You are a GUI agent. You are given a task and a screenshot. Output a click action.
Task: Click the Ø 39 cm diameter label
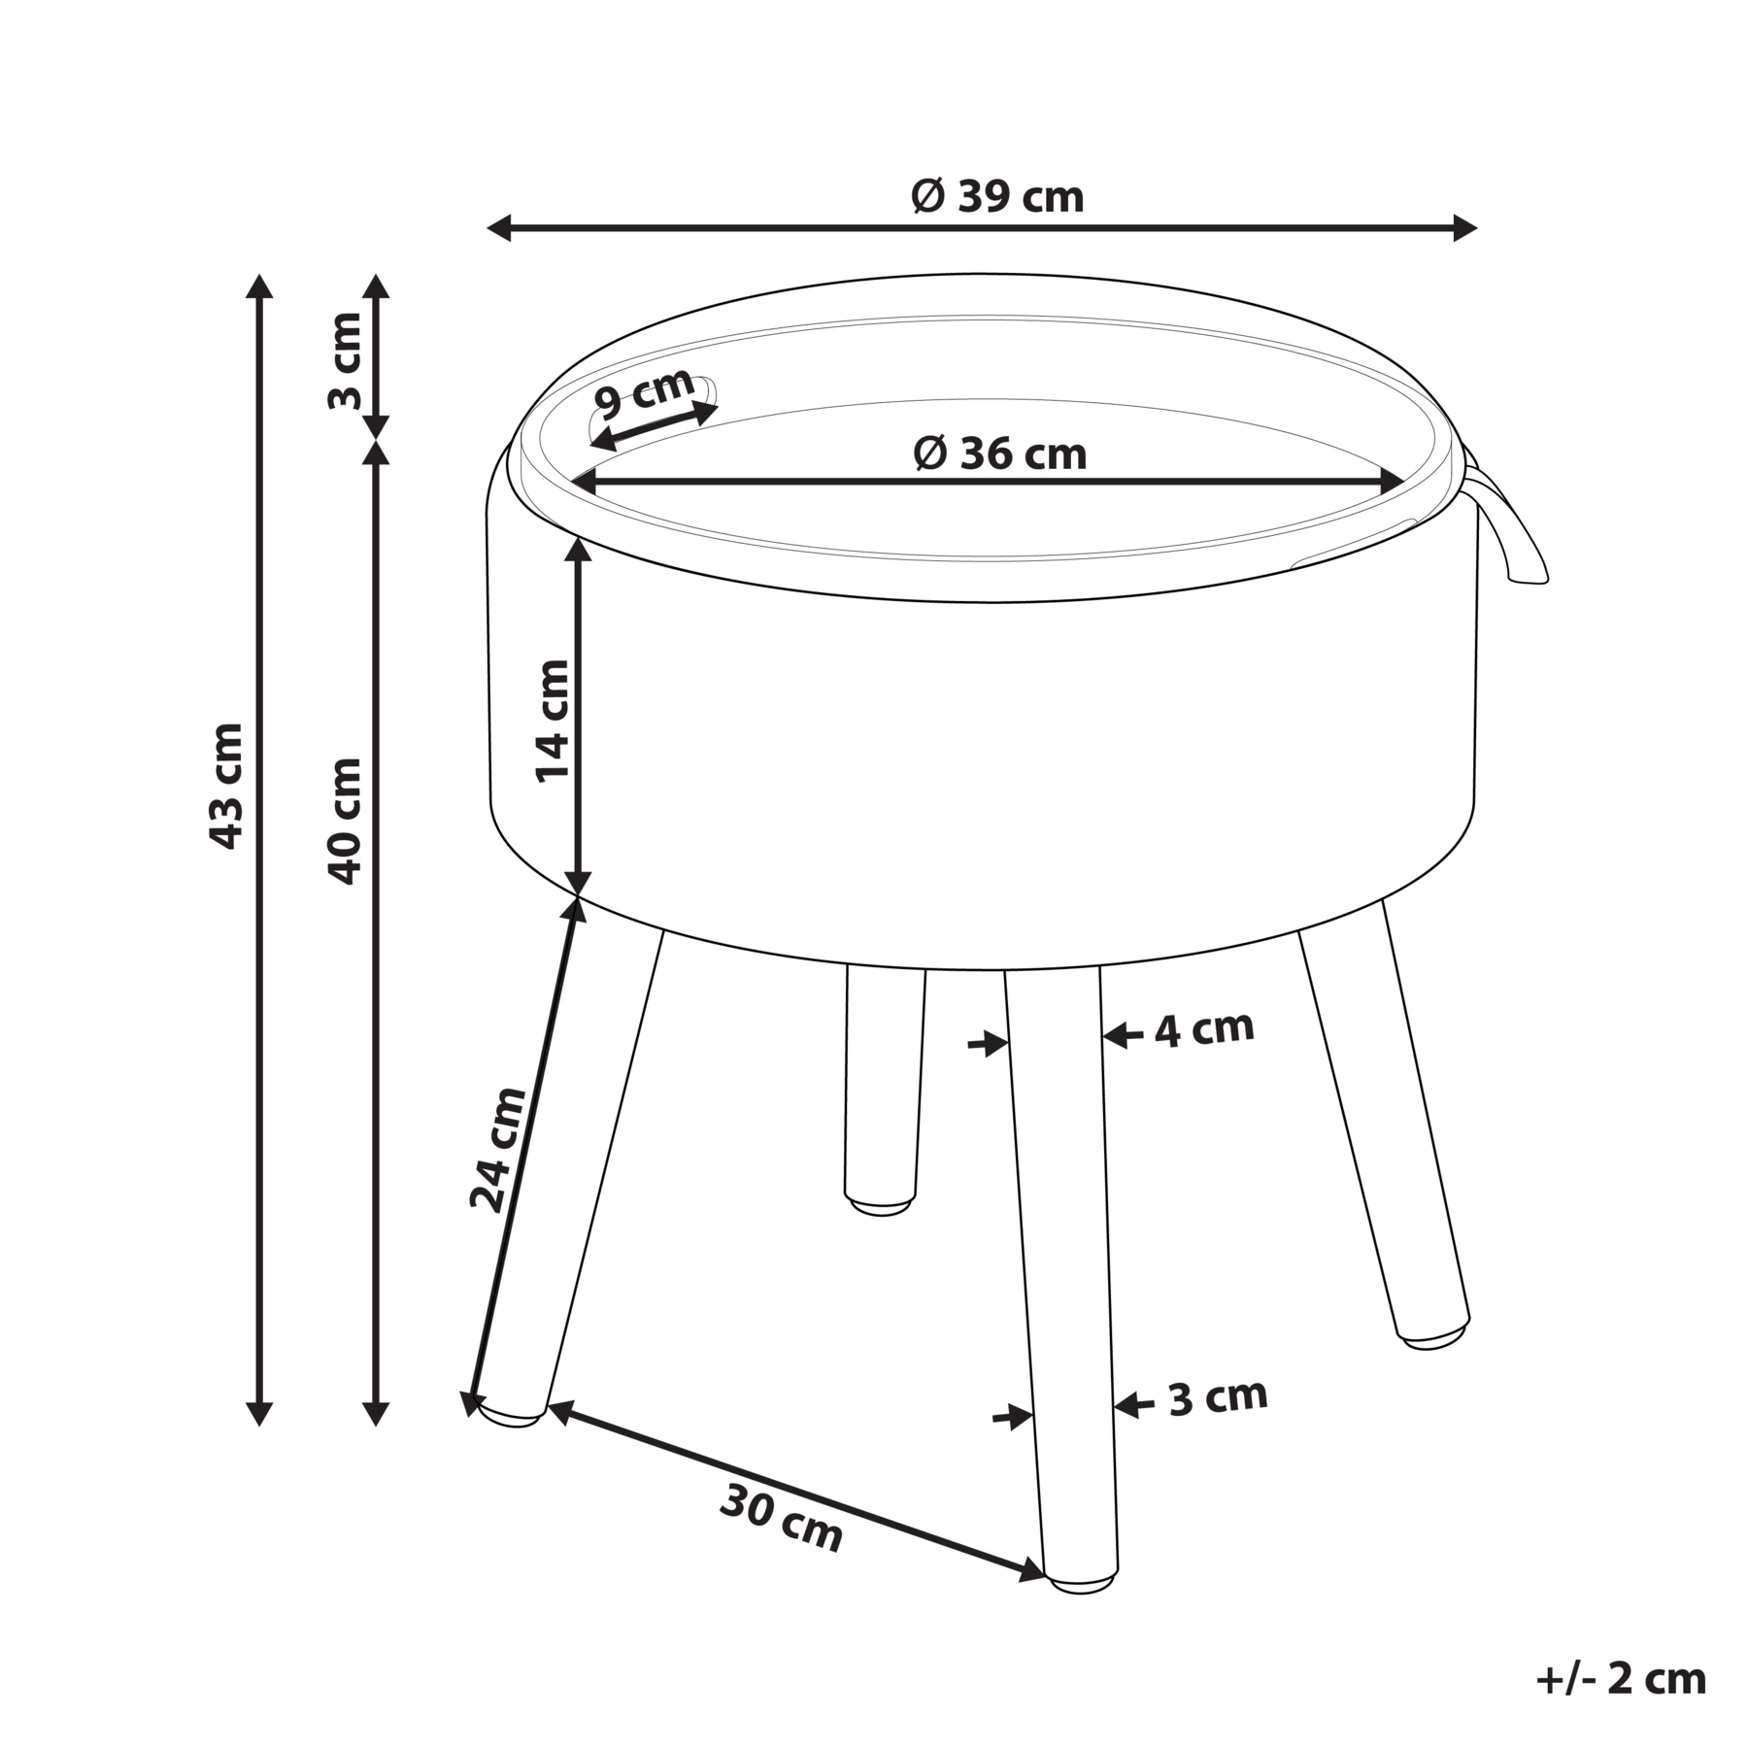997,197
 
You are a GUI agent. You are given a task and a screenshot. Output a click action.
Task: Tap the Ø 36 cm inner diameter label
1000,454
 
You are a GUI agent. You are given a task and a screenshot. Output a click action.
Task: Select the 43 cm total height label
226,786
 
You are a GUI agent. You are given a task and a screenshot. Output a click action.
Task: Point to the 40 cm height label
345,821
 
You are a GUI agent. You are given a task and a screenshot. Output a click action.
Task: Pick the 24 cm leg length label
498,1150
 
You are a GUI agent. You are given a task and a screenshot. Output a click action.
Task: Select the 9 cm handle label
645,393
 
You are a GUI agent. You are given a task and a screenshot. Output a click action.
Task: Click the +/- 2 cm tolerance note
1621,1678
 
